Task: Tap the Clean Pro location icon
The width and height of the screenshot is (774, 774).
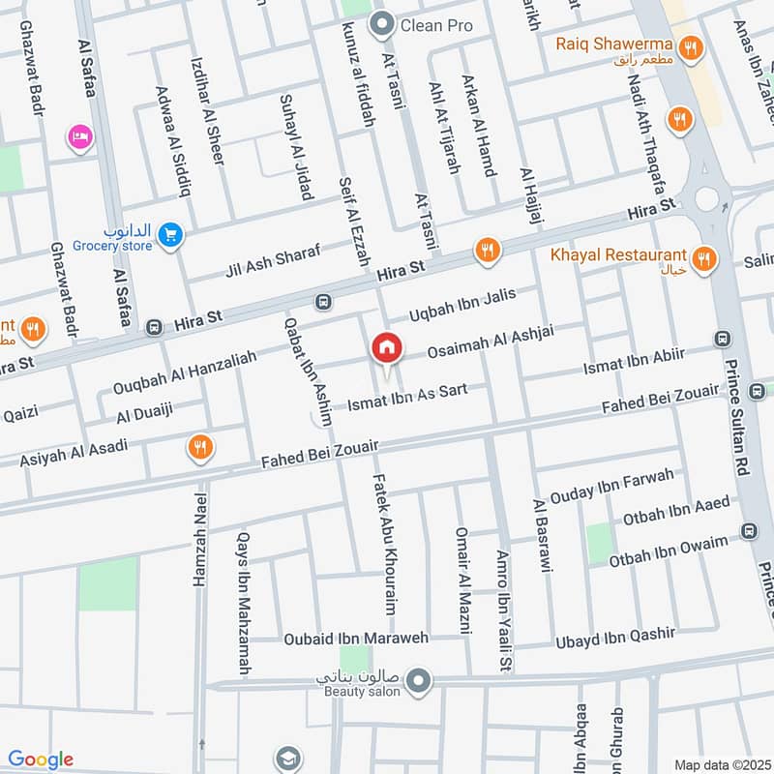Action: point(384,23)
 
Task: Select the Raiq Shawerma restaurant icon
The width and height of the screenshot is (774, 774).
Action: point(690,45)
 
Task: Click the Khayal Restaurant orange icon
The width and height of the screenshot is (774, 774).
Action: point(704,257)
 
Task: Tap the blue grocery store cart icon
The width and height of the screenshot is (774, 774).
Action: point(170,234)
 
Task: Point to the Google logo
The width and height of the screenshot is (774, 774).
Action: point(41,759)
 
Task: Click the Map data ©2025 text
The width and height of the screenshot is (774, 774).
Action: point(721,764)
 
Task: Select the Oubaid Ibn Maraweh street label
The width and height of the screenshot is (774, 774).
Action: point(355,639)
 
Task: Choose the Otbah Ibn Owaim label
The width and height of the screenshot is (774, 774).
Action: point(668,551)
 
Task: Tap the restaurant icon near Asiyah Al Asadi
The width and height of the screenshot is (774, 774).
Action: point(201,448)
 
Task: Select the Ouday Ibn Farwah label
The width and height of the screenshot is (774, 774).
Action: point(610,487)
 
